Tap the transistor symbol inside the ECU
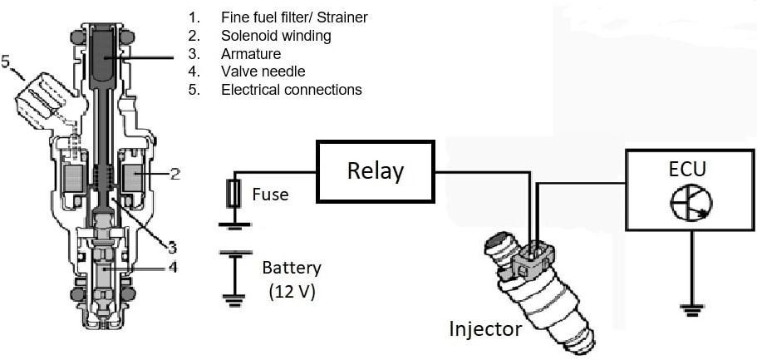[691, 204]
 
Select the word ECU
[687, 169]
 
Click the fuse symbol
[234, 195]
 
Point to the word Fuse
[270, 195]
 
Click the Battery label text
[292, 269]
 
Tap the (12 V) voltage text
[292, 292]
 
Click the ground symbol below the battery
[234, 300]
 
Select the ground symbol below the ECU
[692, 310]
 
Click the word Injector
[485, 329]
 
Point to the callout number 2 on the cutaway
[175, 173]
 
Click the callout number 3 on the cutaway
[172, 248]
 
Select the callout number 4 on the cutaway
[172, 267]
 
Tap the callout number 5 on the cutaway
[7, 63]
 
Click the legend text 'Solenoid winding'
[276, 36]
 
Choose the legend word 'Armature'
[251, 54]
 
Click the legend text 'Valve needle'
[263, 72]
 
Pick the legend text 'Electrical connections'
[292, 90]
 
